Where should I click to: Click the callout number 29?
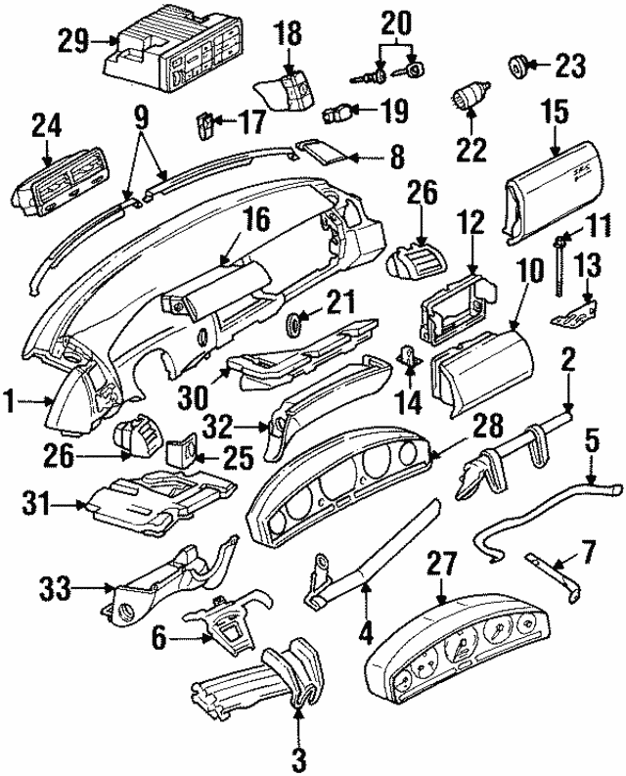click(x=72, y=42)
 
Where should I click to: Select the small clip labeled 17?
click(x=204, y=125)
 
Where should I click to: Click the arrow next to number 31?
click(x=74, y=505)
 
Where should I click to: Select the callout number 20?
click(x=396, y=20)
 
